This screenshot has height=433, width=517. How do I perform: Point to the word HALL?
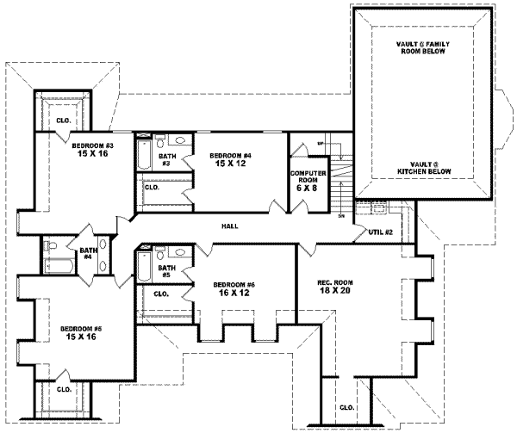coord(229,226)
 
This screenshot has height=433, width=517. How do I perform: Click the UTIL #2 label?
coord(380,232)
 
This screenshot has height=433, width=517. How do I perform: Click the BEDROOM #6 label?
coord(234,284)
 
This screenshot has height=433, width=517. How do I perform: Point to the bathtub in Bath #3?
coord(143,156)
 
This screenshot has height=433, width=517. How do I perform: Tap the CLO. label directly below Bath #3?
coord(152,187)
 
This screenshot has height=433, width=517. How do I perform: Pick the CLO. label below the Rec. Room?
coord(347,407)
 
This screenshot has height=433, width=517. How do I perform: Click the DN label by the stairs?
coord(341,216)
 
